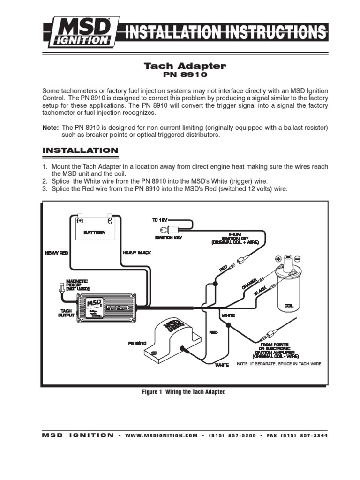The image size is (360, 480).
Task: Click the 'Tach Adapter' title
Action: [x=185, y=66]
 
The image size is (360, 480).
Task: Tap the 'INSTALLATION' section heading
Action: [x=80, y=150]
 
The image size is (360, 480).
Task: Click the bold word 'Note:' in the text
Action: [x=51, y=127]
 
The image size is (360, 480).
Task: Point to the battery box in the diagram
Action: [x=95, y=229]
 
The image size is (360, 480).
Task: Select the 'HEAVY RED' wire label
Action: [x=57, y=253]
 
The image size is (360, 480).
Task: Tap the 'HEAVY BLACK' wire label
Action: [x=137, y=253]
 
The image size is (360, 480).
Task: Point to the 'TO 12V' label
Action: [x=160, y=220]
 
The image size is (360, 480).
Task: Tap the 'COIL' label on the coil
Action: [x=288, y=305]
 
